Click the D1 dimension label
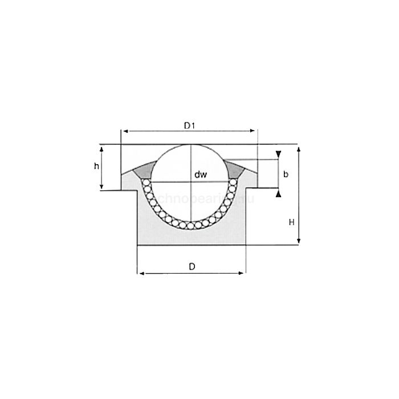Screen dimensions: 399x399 pyautogui.click(x=190, y=124)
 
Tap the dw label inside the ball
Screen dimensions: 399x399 pyautogui.click(x=199, y=174)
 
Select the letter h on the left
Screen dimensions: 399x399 pyautogui.click(x=97, y=166)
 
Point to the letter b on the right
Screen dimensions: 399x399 pyautogui.click(x=286, y=174)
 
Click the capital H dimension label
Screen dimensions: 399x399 pyautogui.click(x=291, y=223)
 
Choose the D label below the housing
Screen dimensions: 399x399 pyautogui.click(x=192, y=266)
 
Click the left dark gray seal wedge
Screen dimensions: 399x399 pyautogui.click(x=145, y=169)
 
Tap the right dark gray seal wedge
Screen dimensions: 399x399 pyautogui.click(x=235, y=169)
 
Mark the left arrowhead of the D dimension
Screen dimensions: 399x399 pyautogui.click(x=140, y=273)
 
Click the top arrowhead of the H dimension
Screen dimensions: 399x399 pyautogui.click(x=299, y=148)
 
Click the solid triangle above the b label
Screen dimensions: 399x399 pyautogui.click(x=278, y=154)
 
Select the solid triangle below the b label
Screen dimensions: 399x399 pyautogui.click(x=278, y=194)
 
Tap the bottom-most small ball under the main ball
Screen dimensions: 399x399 pyautogui.click(x=190, y=225)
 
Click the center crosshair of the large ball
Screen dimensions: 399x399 pyautogui.click(x=191, y=182)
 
